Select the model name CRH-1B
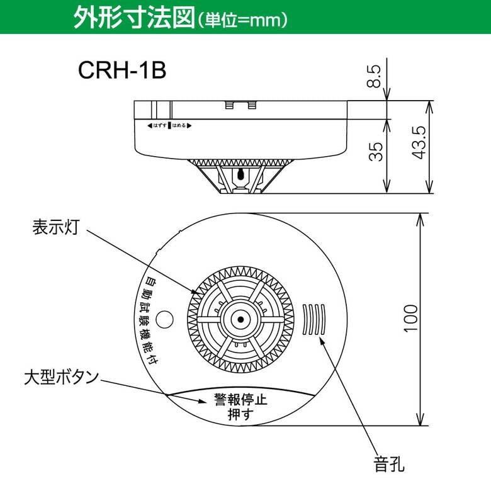coord(122,71)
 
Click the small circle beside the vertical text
coord(165,319)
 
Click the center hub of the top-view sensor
coord(240,320)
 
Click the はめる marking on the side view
coord(179,126)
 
